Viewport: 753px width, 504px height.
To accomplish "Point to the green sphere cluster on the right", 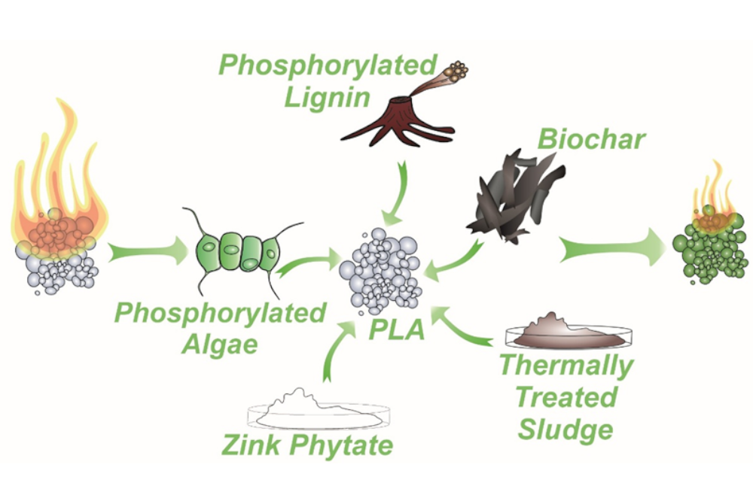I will click(x=708, y=252).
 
